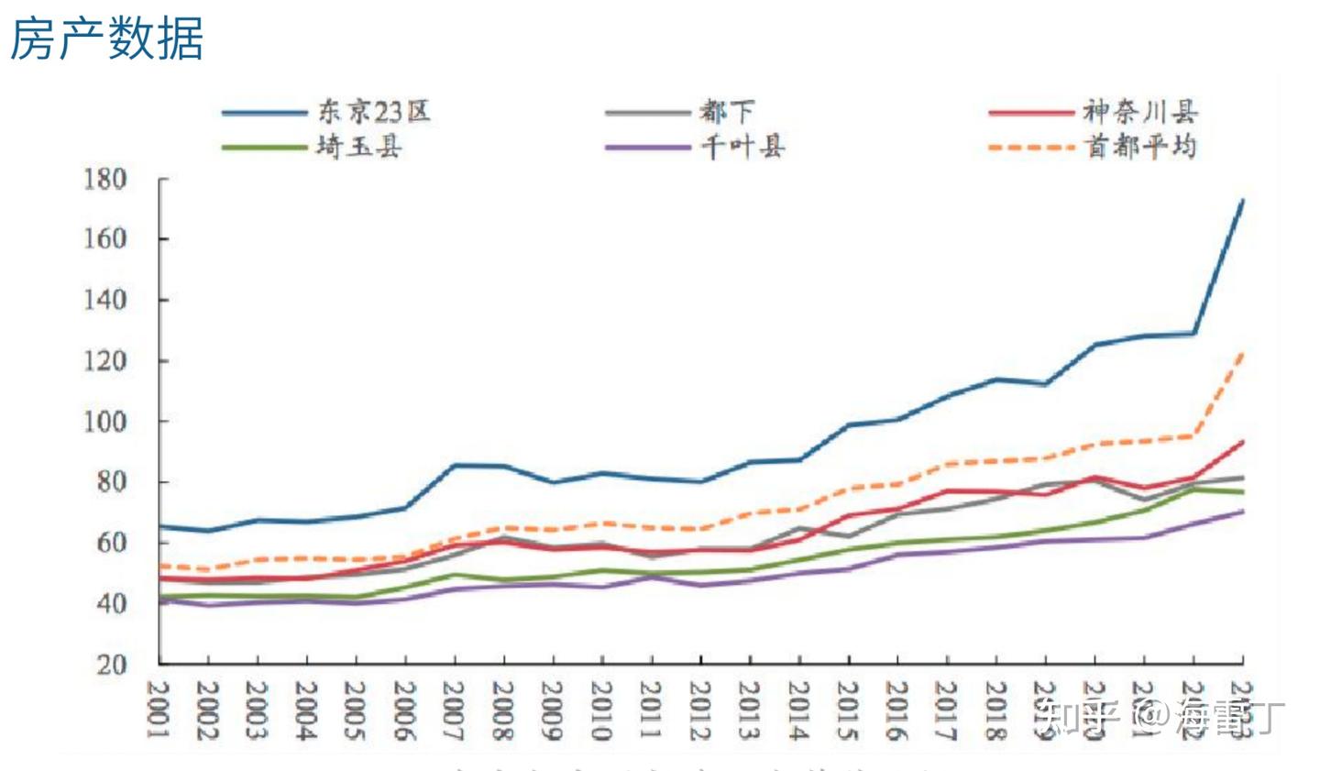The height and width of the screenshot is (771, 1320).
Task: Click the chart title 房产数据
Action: pyautogui.click(x=106, y=39)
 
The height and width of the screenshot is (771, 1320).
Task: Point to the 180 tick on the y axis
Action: pyautogui.click(x=104, y=179)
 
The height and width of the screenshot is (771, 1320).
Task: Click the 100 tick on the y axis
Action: pyautogui.click(x=104, y=422)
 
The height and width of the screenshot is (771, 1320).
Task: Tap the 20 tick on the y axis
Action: pyautogui.click(x=112, y=665)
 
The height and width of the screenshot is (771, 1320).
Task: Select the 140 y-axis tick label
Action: pyautogui.click(x=104, y=300)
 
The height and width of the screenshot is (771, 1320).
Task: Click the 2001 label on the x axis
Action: pyautogui.click(x=159, y=709)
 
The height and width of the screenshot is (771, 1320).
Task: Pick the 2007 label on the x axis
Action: pyautogui.click(x=455, y=709)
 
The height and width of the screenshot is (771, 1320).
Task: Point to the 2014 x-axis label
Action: pyautogui.click(x=799, y=709)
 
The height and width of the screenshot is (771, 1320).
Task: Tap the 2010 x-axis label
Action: pyautogui.click(x=602, y=709)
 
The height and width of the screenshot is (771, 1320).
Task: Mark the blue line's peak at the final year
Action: pyautogui.click(x=1242, y=200)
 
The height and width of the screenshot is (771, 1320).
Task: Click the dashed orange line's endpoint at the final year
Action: pyautogui.click(x=1242, y=353)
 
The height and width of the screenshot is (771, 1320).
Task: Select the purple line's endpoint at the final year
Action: pyautogui.click(x=1242, y=511)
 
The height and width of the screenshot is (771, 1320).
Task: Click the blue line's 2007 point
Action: pyautogui.click(x=455, y=466)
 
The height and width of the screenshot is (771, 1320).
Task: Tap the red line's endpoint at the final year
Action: pyautogui.click(x=1242, y=441)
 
